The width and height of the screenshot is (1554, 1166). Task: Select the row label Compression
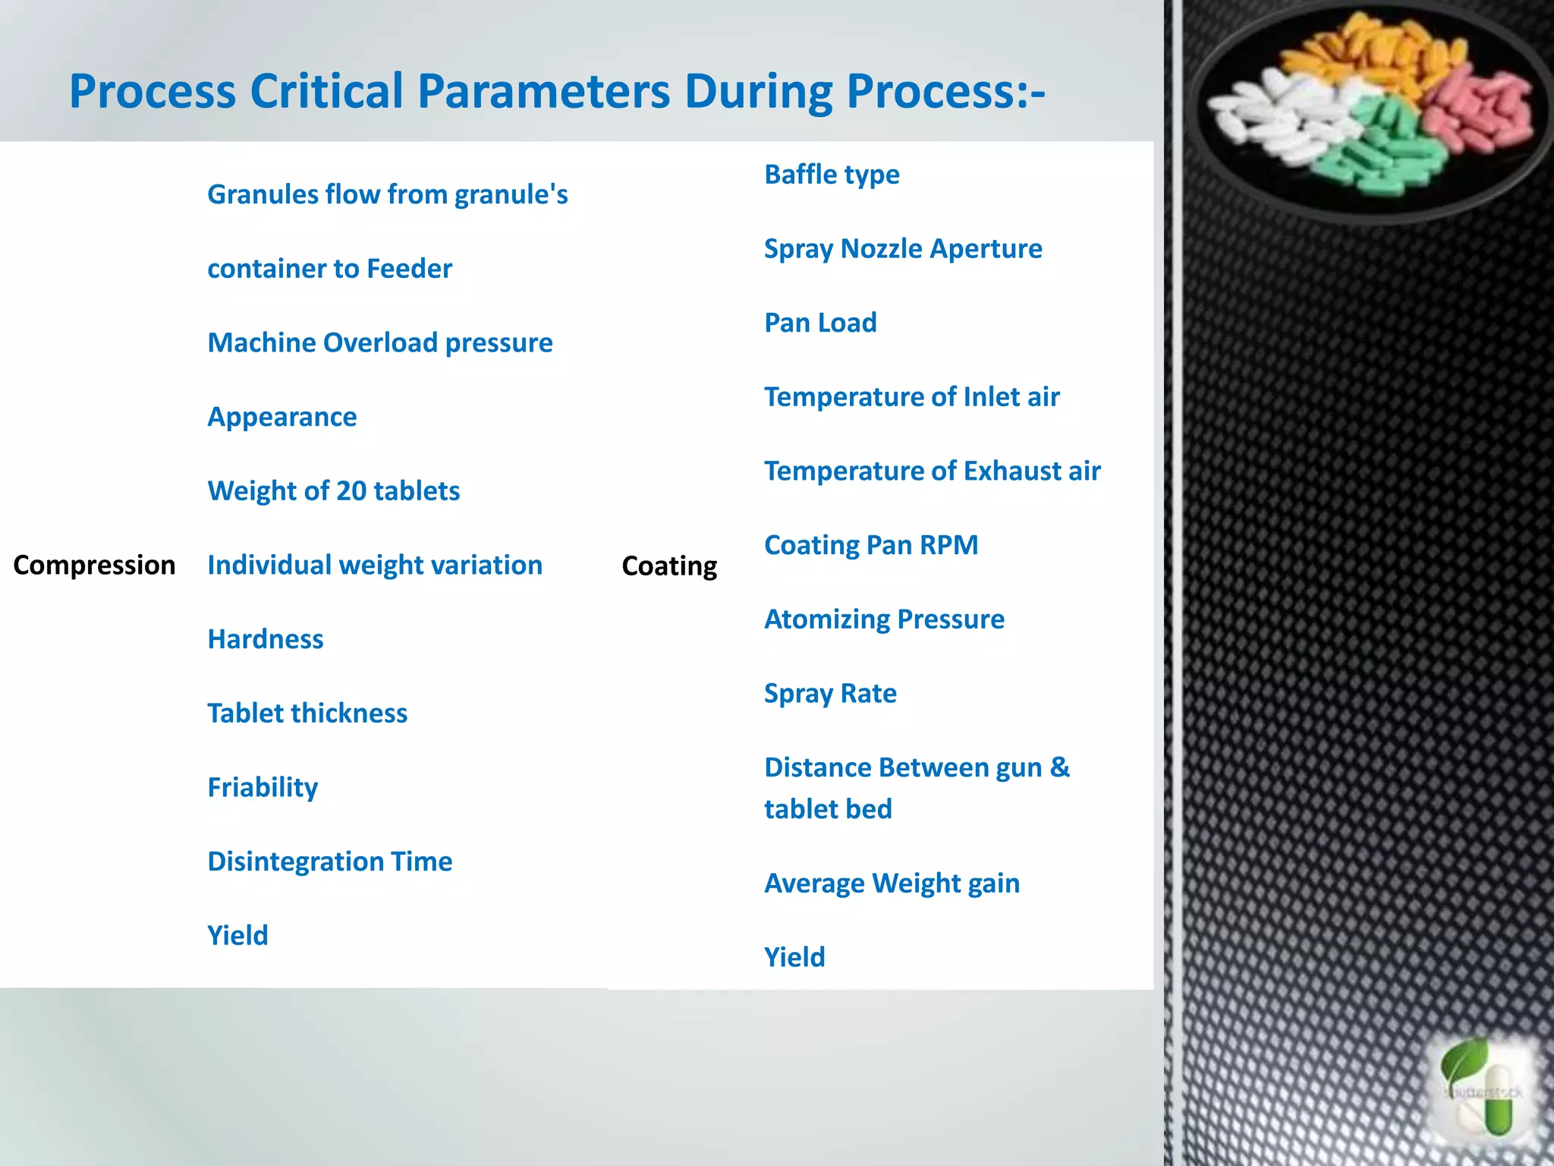[94, 566]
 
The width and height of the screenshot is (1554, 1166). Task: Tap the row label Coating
[668, 566]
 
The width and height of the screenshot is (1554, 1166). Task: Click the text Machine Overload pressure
[379, 343]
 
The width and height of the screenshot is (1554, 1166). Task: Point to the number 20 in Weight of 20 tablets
[351, 491]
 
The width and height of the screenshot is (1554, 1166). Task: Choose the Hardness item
[266, 639]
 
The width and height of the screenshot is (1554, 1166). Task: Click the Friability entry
[263, 787]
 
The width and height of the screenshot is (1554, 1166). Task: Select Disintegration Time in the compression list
[329, 862]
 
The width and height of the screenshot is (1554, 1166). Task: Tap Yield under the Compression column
[238, 935]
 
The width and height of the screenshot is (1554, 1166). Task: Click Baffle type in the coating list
[831, 175]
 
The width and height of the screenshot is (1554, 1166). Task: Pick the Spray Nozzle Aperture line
[902, 249]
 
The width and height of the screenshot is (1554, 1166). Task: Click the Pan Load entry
[819, 323]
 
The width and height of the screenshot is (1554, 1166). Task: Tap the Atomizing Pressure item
[884, 619]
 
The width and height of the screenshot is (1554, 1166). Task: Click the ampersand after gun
[1060, 767]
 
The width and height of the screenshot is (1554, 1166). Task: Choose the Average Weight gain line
[892, 884]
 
